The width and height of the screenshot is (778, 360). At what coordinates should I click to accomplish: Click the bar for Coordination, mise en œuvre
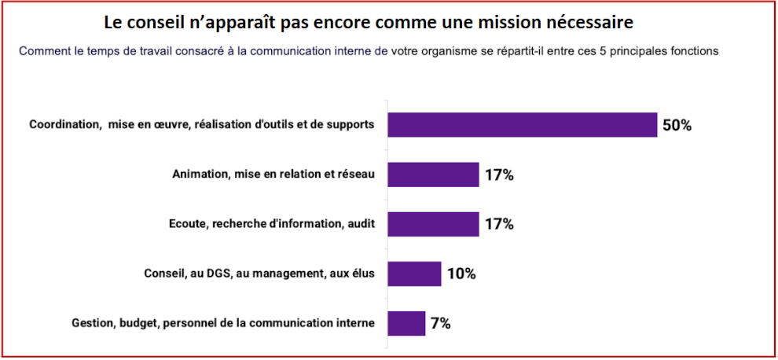coord(522,125)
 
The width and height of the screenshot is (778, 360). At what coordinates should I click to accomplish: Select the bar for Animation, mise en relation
coord(433,174)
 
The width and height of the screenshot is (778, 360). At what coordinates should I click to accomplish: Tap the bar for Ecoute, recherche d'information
coord(433,224)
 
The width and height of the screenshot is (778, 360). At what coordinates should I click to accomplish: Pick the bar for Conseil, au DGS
coord(414,274)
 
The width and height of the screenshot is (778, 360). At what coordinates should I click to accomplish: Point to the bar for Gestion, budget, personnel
coord(406,323)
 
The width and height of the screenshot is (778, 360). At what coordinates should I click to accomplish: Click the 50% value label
coord(677,126)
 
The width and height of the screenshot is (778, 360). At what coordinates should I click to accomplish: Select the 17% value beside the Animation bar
coord(499,175)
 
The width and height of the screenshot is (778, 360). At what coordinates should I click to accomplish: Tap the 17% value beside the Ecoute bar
coord(499,225)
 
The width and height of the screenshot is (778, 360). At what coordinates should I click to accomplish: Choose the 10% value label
coord(461,274)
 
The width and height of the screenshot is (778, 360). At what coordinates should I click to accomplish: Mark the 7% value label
coord(440,324)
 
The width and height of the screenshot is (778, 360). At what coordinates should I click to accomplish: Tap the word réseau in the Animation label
coord(355,174)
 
